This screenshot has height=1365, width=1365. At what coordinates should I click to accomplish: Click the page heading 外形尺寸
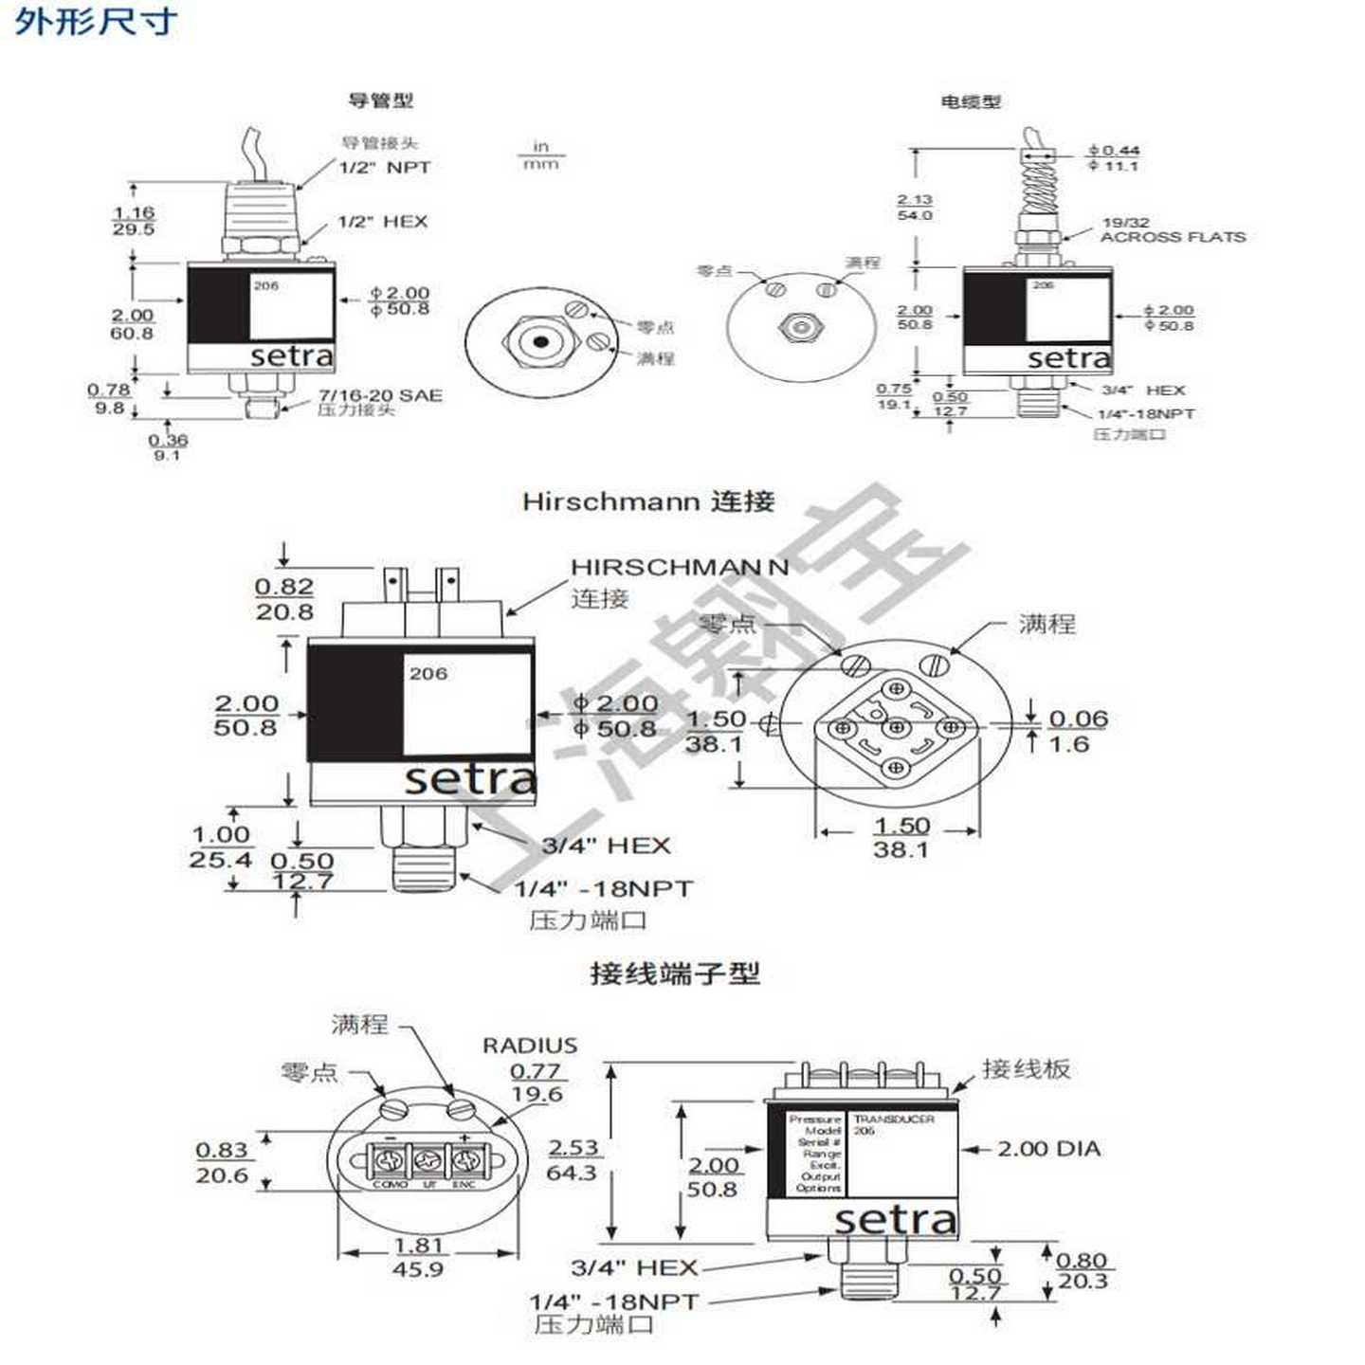click(x=95, y=21)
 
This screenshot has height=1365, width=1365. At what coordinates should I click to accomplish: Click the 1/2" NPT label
click(x=385, y=168)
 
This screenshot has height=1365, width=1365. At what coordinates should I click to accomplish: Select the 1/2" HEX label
click(x=383, y=222)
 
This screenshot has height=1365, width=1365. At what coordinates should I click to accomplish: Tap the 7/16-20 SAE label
click(x=380, y=395)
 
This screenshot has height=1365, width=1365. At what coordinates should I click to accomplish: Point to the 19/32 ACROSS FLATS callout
click(x=1172, y=230)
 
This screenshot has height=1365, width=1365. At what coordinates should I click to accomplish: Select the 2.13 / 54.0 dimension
click(x=915, y=208)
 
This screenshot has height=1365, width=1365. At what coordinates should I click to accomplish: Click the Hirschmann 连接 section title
click(x=648, y=501)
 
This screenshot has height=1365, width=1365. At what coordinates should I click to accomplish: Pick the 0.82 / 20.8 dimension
click(x=283, y=599)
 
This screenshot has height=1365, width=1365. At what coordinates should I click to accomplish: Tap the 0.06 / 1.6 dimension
click(x=1077, y=731)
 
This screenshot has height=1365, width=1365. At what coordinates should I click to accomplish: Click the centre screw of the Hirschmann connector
click(x=896, y=728)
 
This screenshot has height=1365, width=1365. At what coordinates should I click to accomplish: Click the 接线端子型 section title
click(x=674, y=974)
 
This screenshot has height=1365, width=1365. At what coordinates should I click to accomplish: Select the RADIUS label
click(x=530, y=1046)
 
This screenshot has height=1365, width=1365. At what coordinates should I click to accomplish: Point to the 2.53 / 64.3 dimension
click(x=573, y=1159)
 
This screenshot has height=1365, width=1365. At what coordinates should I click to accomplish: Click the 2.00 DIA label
click(x=1048, y=1149)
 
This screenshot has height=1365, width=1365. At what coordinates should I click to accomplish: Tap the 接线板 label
click(x=1026, y=1069)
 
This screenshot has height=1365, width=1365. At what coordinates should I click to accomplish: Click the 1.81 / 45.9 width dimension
click(x=418, y=1257)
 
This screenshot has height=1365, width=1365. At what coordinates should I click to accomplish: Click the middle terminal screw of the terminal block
click(x=428, y=1159)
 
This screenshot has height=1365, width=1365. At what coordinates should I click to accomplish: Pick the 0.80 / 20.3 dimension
click(x=1082, y=1271)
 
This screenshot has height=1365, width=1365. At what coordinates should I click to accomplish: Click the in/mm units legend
click(x=541, y=155)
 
